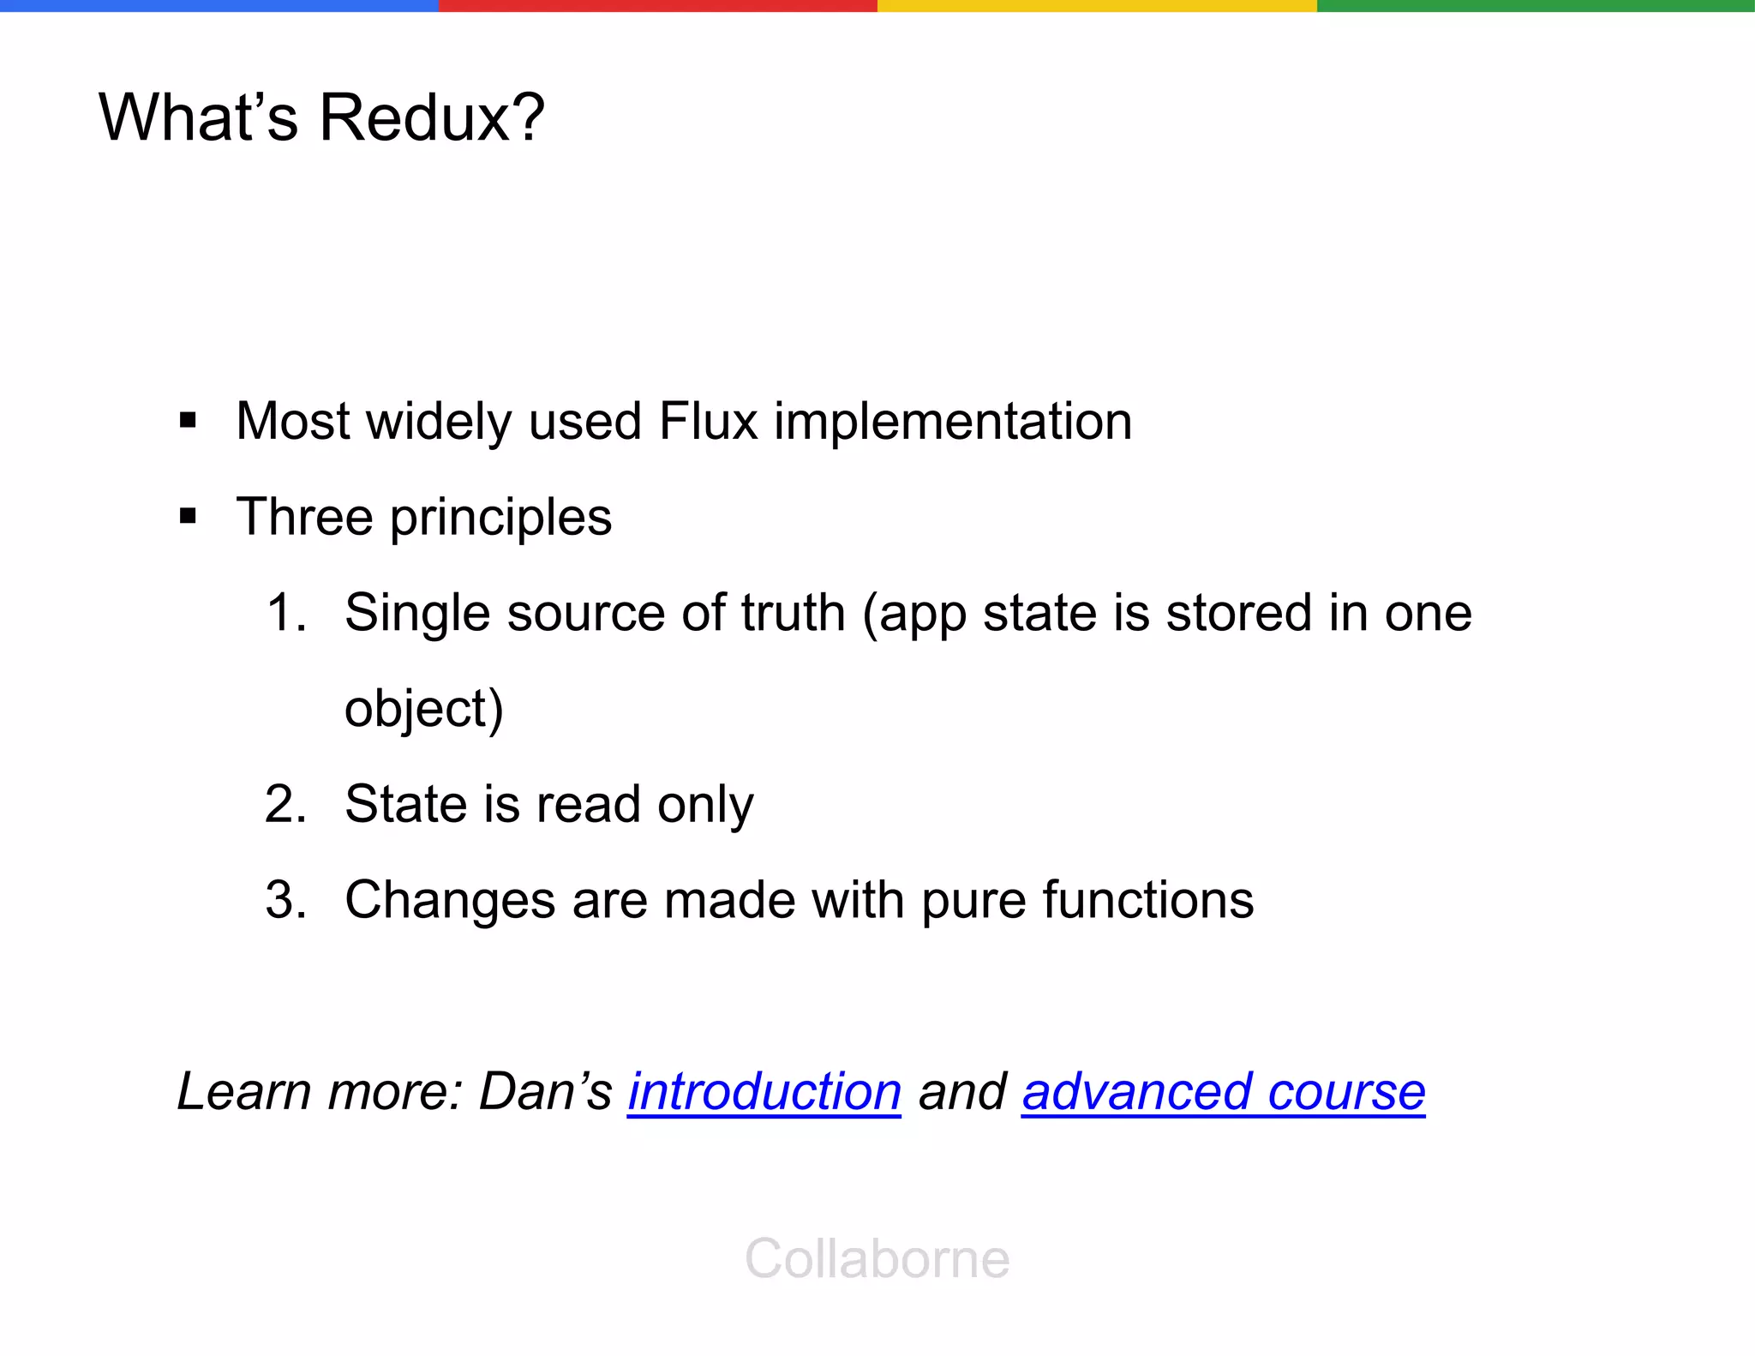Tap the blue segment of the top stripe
pos(219,5)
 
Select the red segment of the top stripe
pos(658,5)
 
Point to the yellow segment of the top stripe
pos(1097,5)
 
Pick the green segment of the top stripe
pos(1536,5)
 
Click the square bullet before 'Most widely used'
pos(189,421)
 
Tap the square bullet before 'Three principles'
pos(189,517)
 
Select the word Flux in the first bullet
pos(708,421)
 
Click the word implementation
pos(953,421)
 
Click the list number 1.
pos(285,613)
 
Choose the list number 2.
pos(285,804)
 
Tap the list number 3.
pos(285,900)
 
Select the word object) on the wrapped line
pos(423,710)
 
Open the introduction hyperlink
pos(764,1092)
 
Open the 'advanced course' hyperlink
pos(1223,1092)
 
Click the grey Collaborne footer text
pos(877,1258)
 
